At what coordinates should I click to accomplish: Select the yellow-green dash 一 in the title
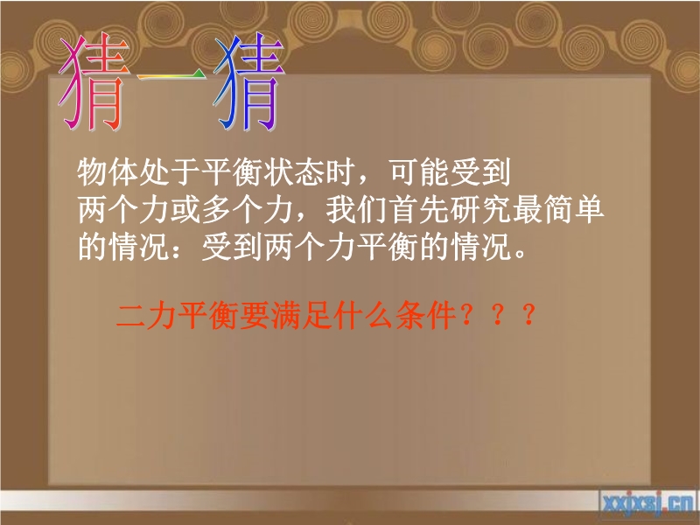pos(171,76)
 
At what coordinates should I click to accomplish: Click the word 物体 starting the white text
pos(108,171)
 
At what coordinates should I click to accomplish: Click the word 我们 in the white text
pos(357,209)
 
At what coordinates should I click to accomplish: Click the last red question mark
pos(529,315)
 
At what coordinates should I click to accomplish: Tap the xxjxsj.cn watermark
pos(647,503)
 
